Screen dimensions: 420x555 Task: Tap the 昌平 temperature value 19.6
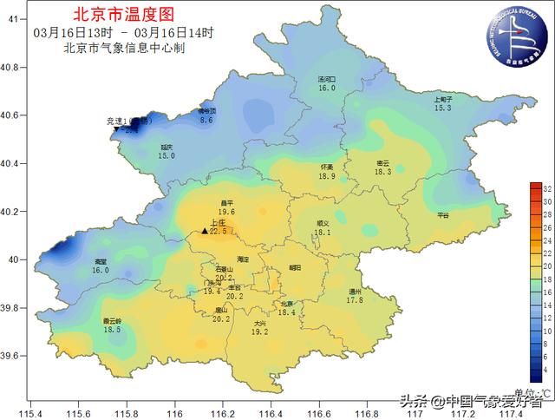[226, 212]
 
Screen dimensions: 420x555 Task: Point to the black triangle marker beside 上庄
[205, 231]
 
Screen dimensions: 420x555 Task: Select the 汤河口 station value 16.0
[326, 89]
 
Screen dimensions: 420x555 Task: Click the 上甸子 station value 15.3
[443, 108]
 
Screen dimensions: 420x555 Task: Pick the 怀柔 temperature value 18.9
[326, 176]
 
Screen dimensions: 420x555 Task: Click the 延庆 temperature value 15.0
[166, 156]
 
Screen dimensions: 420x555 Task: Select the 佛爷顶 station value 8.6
[206, 121]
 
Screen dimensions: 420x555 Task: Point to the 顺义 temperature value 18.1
[323, 233]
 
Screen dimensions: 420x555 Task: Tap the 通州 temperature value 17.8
[355, 300]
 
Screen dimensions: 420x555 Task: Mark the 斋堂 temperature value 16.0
[101, 271]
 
